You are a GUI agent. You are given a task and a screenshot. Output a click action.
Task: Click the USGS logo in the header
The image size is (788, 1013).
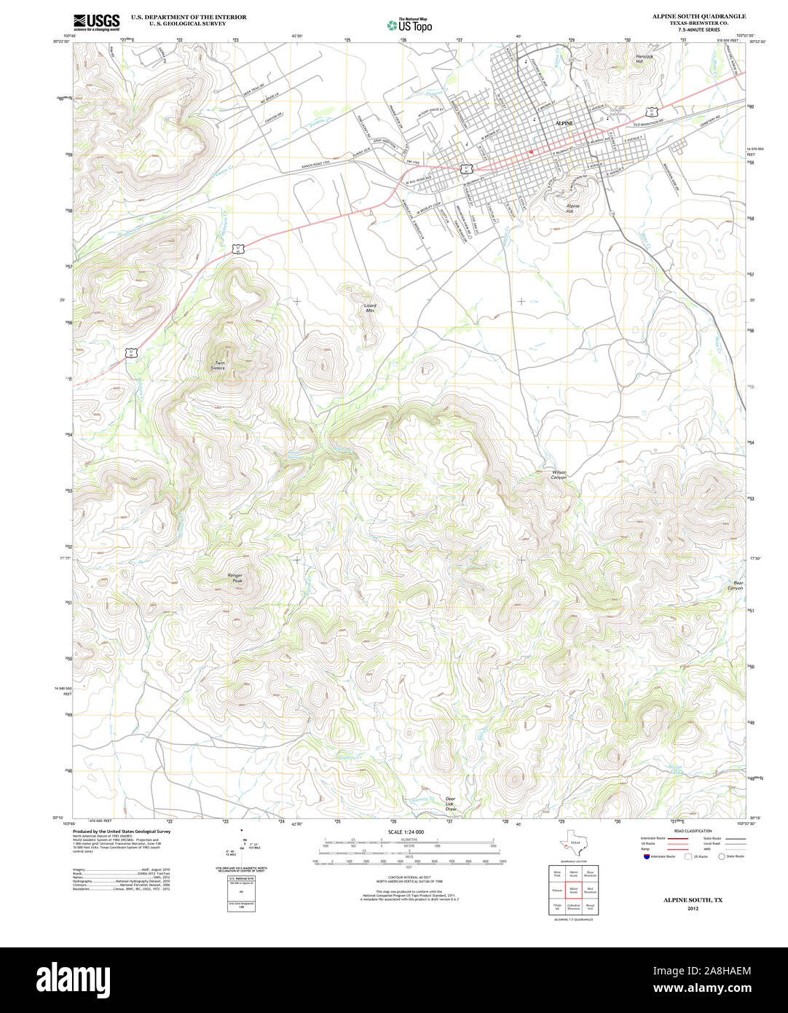pyautogui.click(x=96, y=22)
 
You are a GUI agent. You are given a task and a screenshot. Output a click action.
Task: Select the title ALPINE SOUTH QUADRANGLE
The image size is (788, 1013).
pyautogui.click(x=698, y=16)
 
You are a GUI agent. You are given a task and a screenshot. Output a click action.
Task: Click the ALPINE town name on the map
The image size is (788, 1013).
pyautogui.click(x=564, y=123)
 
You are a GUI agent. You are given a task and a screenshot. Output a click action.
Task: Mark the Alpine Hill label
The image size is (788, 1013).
pyautogui.click(x=574, y=208)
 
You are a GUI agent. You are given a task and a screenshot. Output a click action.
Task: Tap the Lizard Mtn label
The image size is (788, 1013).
pyautogui.click(x=370, y=308)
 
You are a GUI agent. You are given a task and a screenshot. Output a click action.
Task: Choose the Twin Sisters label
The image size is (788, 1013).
pyautogui.click(x=218, y=365)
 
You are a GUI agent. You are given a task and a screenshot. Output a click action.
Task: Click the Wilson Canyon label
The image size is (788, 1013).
pyautogui.click(x=559, y=474)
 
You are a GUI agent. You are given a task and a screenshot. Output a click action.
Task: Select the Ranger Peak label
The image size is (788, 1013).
pyautogui.click(x=235, y=578)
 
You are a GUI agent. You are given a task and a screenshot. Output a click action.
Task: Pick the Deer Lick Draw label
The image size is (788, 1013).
pyautogui.click(x=451, y=804)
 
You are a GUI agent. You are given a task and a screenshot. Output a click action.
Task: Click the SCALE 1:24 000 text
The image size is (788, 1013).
pyautogui.click(x=406, y=832)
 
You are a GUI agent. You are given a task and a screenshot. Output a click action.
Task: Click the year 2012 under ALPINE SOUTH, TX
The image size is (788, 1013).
pyautogui.click(x=692, y=908)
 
